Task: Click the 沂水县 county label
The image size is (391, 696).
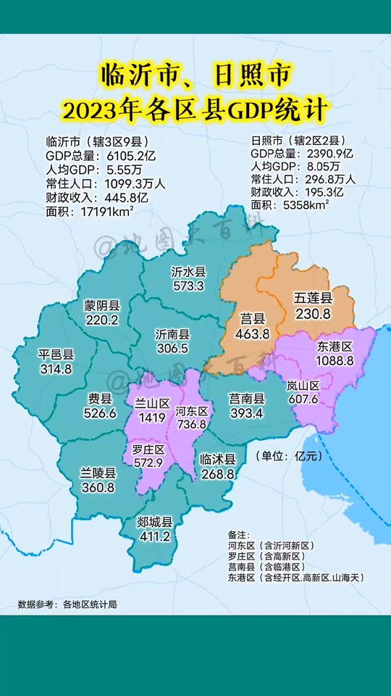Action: tap(188, 272)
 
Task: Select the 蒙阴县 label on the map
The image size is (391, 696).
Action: tap(101, 305)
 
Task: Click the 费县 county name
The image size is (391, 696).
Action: tap(100, 399)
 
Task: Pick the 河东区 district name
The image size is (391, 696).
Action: tap(192, 411)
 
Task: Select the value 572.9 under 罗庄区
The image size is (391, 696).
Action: tap(148, 463)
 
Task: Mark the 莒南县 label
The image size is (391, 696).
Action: tap(247, 398)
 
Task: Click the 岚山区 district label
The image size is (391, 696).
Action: tap(303, 386)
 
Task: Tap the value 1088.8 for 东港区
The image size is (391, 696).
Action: tap(335, 360)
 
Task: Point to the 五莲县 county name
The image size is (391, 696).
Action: tap(313, 299)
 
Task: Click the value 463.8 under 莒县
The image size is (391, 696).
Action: tap(252, 333)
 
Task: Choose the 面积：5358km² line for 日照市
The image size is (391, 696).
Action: tap(290, 205)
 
